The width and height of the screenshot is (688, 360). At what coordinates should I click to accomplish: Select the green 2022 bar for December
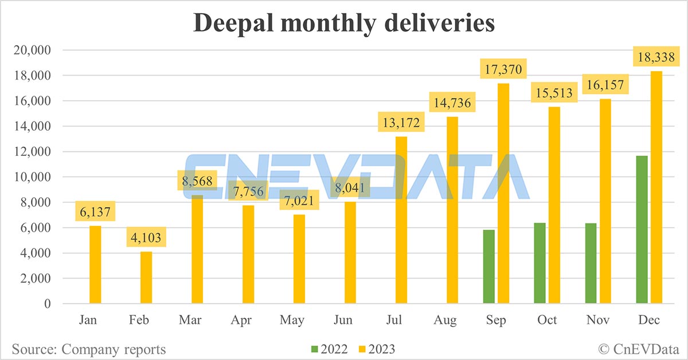click(642, 229)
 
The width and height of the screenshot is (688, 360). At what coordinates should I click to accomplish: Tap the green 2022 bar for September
click(488, 267)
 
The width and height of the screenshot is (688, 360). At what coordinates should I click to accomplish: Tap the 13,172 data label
click(401, 123)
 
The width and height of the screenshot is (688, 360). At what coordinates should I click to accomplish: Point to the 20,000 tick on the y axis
click(32, 50)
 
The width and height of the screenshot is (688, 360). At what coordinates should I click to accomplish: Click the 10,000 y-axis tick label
click(32, 177)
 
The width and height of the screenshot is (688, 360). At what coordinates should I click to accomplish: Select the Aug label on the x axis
click(445, 320)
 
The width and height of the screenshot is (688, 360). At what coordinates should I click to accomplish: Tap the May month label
click(292, 320)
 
